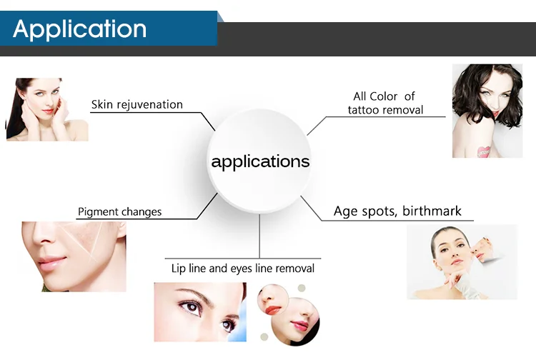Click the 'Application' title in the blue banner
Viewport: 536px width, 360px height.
[79, 29]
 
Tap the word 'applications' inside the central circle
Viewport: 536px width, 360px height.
[260, 161]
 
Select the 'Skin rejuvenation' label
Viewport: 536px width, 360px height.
[137, 104]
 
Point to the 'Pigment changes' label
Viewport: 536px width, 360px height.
[119, 211]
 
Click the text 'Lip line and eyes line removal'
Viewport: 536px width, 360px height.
[243, 269]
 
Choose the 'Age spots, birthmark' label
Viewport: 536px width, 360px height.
[397, 211]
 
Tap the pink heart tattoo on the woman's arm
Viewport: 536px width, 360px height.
[483, 152]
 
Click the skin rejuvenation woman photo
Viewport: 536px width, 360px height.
[47, 109]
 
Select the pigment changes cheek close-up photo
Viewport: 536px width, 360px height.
[74, 256]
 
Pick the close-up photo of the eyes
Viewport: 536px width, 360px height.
[200, 312]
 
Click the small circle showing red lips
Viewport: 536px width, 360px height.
[273, 300]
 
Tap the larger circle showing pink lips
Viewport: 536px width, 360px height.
[295, 321]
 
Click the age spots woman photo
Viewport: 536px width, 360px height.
[462, 262]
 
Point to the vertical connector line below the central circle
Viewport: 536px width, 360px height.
[259, 236]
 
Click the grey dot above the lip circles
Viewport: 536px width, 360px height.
[301, 288]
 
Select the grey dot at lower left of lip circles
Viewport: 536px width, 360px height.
[264, 337]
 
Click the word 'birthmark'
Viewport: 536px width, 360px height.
[432, 211]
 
